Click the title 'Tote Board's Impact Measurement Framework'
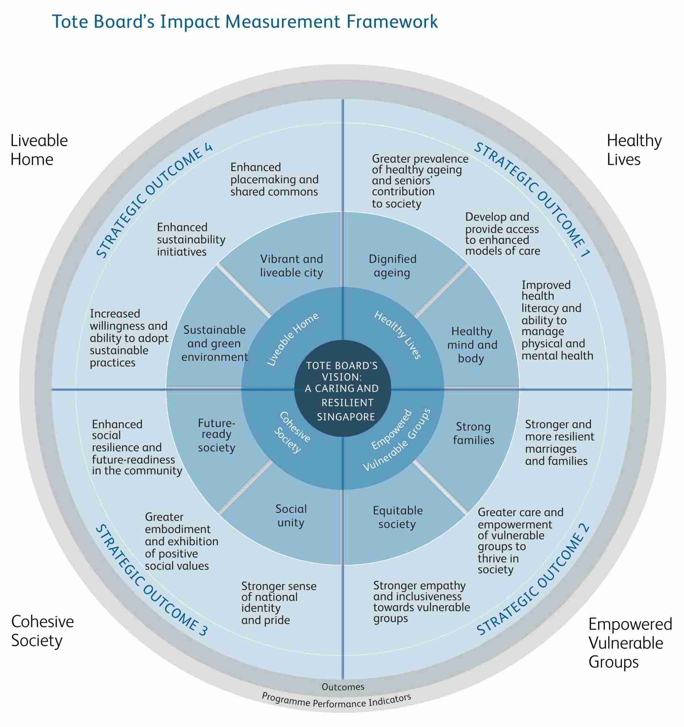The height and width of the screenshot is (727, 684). coord(245,21)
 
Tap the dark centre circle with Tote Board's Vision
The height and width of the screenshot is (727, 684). coord(343,389)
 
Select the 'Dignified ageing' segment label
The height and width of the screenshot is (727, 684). coord(392,266)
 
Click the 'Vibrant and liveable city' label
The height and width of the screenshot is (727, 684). coord(291,266)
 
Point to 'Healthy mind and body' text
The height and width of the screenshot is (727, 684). coord(472,345)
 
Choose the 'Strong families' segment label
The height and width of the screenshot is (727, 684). coord(473,433)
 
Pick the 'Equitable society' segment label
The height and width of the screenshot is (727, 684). coord(398,517)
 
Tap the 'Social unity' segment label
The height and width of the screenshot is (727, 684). coord(291,516)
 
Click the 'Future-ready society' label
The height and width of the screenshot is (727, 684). coord(216,435)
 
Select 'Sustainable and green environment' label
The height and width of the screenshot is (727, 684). coord(215,343)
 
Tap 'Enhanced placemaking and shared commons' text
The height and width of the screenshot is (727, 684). coord(274,179)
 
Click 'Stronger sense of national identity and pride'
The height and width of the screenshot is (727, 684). coord(278,603)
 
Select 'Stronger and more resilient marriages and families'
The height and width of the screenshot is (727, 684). coord(559,442)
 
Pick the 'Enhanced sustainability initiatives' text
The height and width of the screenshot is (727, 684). coord(191,239)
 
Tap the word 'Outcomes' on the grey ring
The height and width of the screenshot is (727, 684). coord(343,687)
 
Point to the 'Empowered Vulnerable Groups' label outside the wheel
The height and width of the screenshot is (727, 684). coord(630,643)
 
